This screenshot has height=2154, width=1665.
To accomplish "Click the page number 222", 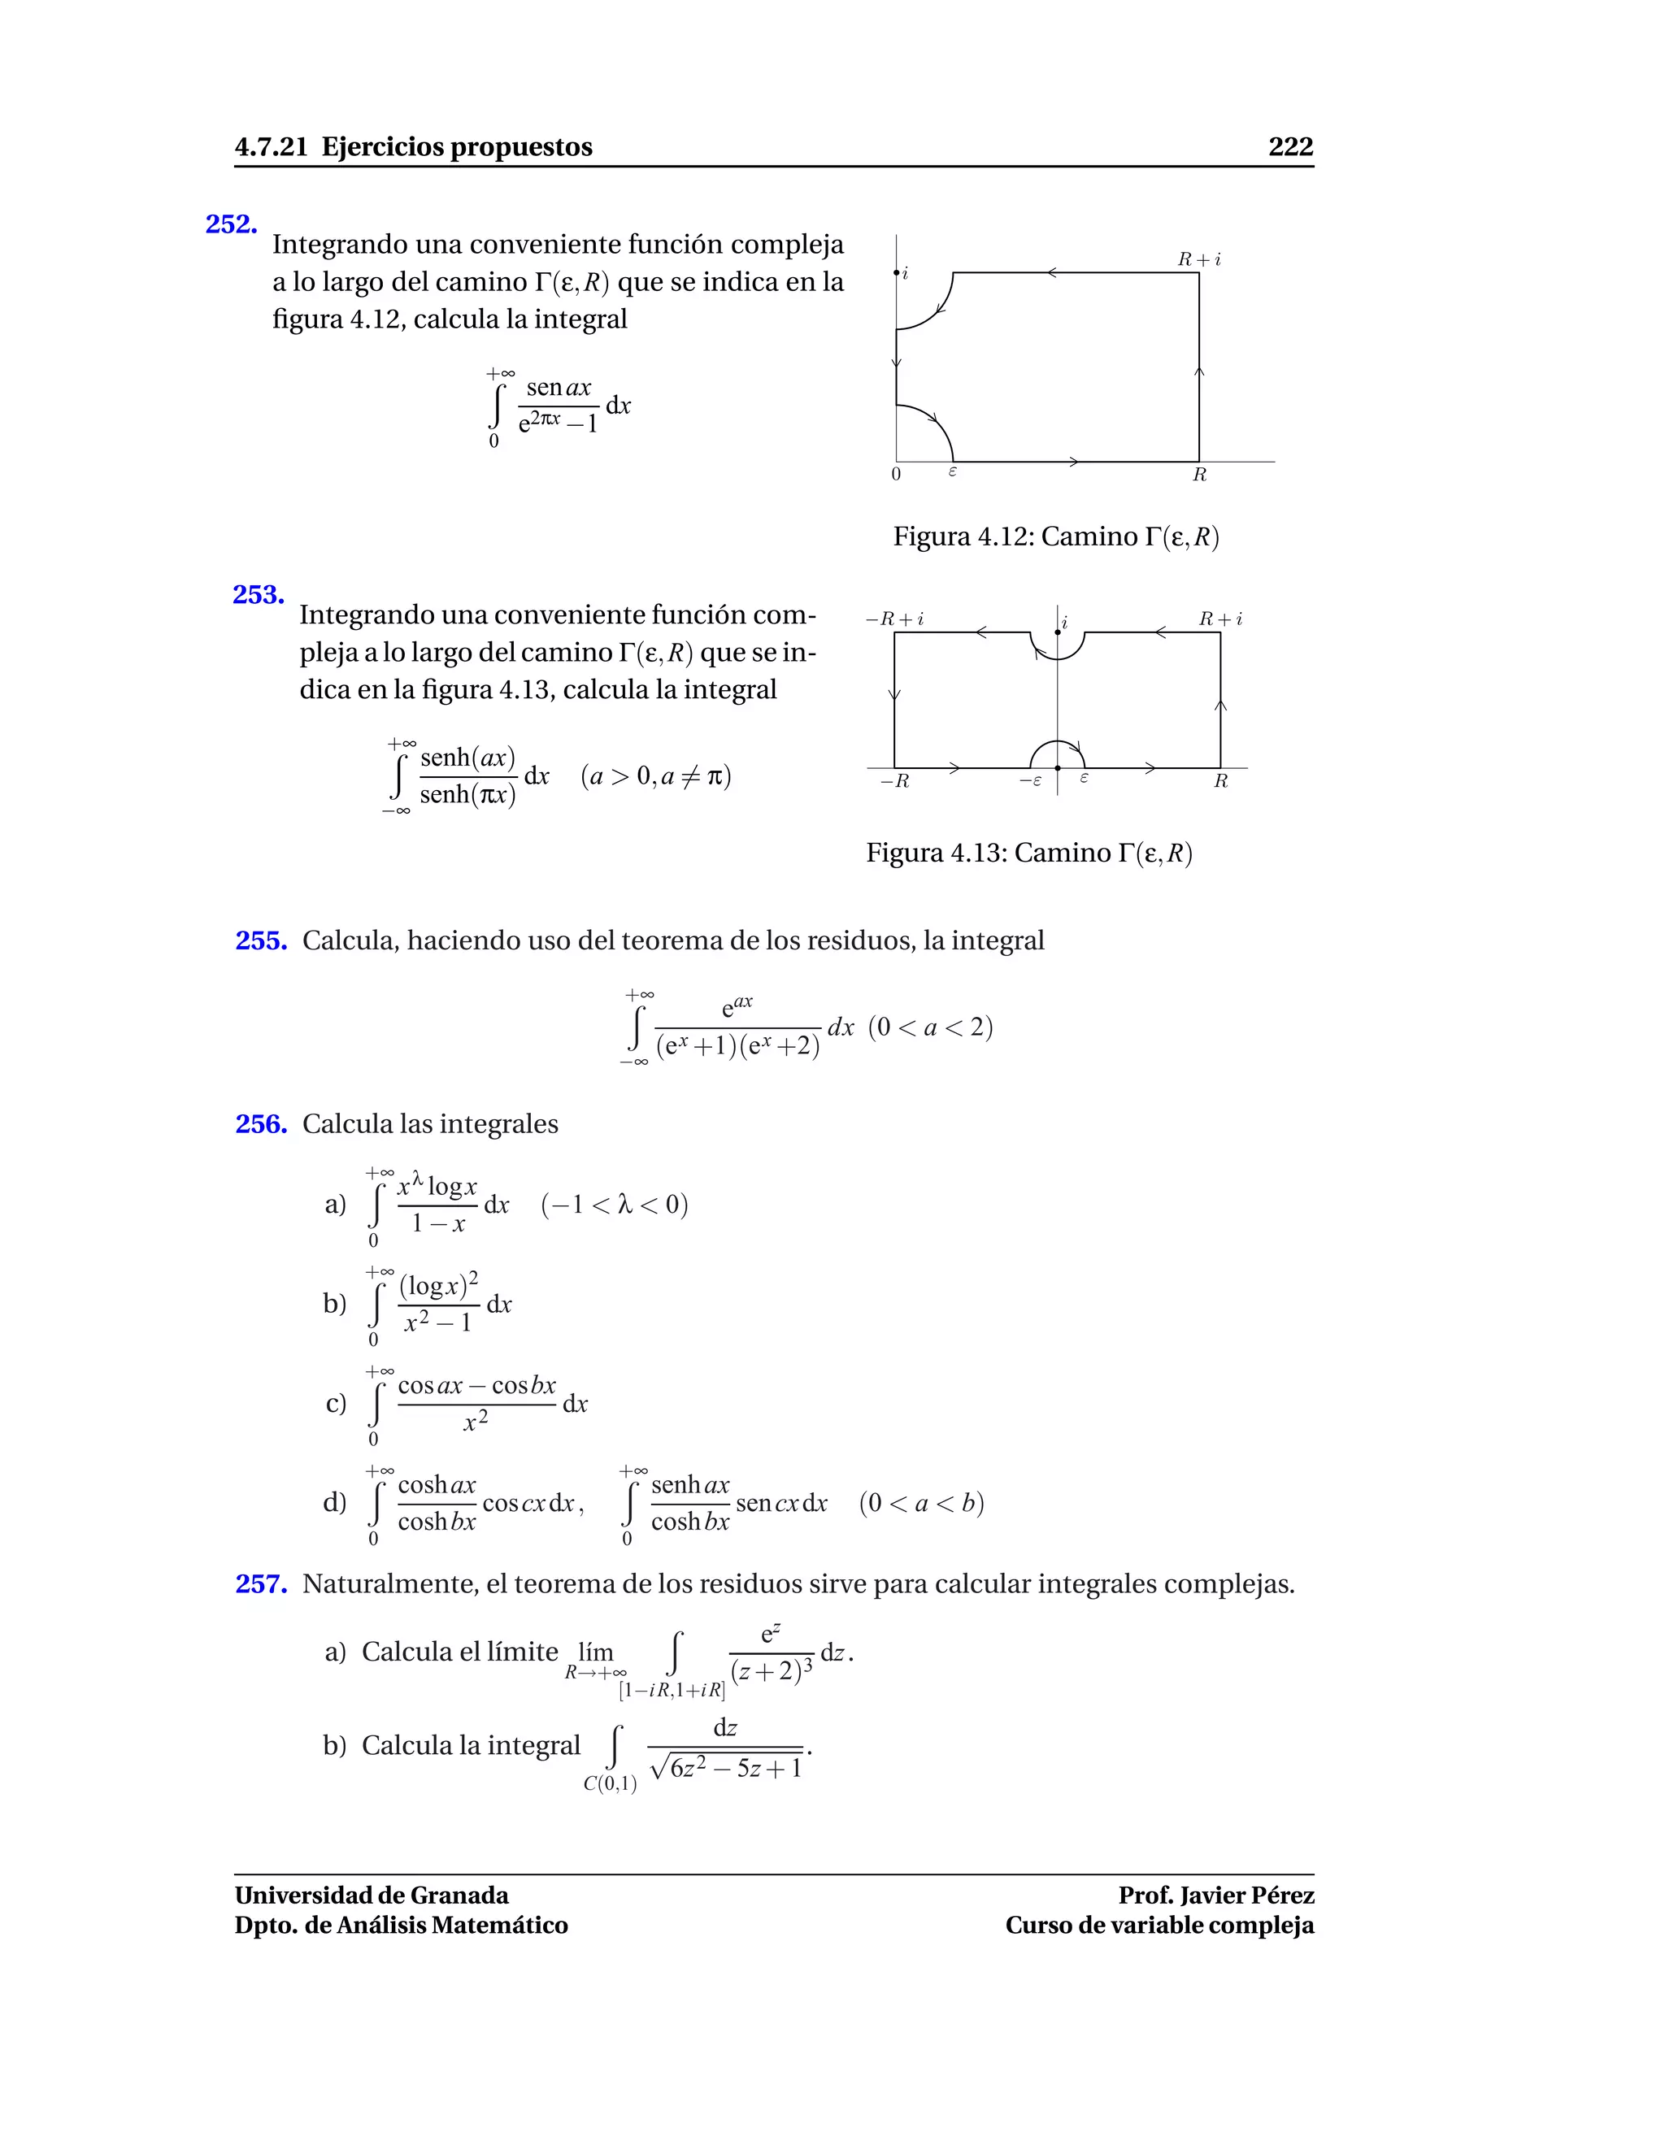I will pos(1290,147).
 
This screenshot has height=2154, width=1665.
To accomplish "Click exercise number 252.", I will pos(231,225).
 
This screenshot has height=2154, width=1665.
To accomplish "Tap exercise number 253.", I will pos(259,595).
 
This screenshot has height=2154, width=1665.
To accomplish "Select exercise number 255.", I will pos(260,941).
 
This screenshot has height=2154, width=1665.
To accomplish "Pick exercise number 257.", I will pos(260,1584).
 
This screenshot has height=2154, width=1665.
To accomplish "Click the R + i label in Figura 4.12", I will pos(1198,259).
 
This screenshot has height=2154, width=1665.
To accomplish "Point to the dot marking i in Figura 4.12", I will pos(896,272).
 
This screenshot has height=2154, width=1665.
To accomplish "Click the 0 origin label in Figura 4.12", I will pos(896,475).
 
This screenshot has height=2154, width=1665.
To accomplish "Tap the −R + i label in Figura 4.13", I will pos(893,619).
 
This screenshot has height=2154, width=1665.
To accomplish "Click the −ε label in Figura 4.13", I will pos(1030,780).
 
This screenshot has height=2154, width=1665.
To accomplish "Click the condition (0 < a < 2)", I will pos(930,1027).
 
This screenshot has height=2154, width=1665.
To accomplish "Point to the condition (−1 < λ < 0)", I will pos(614,1205).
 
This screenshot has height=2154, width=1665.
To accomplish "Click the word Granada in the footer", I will pos(459,1895).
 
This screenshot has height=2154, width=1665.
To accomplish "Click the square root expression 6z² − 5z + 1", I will pos(727,1769).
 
